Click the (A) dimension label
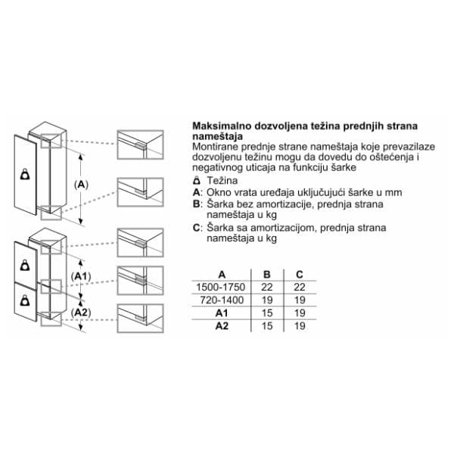click(x=81, y=185)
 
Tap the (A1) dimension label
click(x=81, y=276)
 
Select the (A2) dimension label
click(x=81, y=313)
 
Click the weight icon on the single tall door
click(x=25, y=174)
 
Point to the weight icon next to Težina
click(x=197, y=180)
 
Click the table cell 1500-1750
click(x=221, y=288)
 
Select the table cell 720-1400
click(x=222, y=300)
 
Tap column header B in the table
click(x=267, y=275)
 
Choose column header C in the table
click(x=300, y=275)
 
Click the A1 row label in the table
click(x=222, y=313)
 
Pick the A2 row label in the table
click(x=222, y=326)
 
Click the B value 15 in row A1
click(x=267, y=313)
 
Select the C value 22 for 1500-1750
click(x=300, y=288)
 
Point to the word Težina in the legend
click(x=222, y=180)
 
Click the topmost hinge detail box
click(x=141, y=145)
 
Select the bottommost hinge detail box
click(x=141, y=319)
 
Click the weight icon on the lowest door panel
click(x=25, y=300)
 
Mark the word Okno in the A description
click(x=218, y=192)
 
